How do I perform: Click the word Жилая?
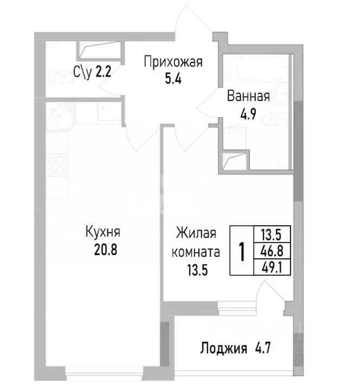(196, 234)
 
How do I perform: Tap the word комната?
(196, 252)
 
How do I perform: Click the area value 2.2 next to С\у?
(103, 72)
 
